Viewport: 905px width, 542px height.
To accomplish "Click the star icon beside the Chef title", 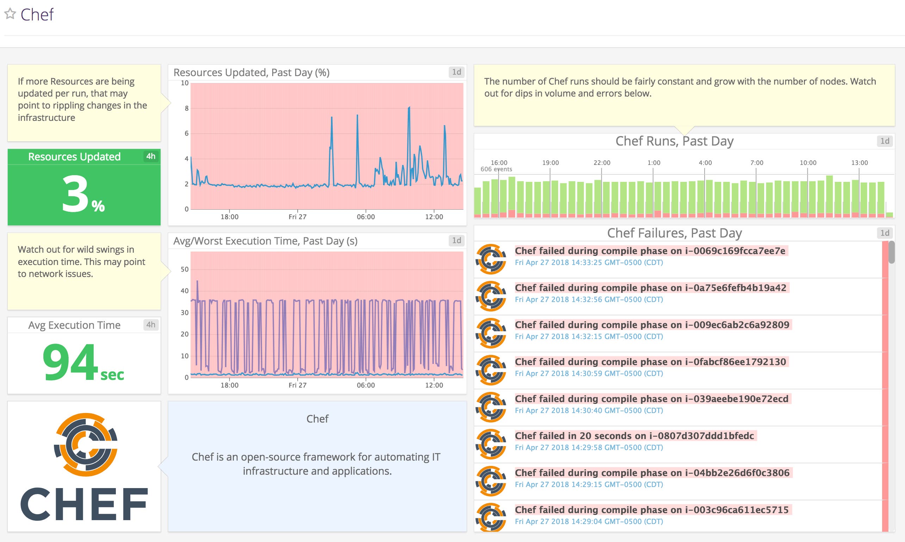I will (10, 14).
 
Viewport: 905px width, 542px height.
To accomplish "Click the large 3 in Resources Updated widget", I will (75, 193).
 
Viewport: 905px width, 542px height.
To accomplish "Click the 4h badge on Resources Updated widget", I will (151, 156).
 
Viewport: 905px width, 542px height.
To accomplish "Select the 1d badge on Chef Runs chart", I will (885, 141).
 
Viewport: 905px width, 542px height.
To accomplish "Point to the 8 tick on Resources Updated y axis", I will (187, 108).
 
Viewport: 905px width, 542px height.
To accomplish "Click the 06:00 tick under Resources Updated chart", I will (366, 217).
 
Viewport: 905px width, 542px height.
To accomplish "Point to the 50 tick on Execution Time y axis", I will (185, 270).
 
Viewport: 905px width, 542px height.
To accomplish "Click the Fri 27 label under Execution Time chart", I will (298, 385).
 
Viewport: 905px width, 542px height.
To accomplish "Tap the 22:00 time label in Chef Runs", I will (602, 162).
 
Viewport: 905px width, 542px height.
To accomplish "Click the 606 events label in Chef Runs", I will (496, 169).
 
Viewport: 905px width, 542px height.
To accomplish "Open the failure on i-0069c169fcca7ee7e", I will (650, 251).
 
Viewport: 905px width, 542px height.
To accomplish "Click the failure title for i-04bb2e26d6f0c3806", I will (652, 473).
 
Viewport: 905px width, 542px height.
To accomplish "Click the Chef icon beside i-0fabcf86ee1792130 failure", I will (491, 370).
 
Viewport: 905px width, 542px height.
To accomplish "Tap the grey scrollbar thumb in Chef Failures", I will (892, 252).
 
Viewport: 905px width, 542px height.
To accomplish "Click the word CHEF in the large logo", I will (84, 504).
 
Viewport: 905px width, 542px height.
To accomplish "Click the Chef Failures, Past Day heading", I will (674, 233).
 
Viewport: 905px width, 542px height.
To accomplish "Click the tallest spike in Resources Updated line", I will (409, 108).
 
